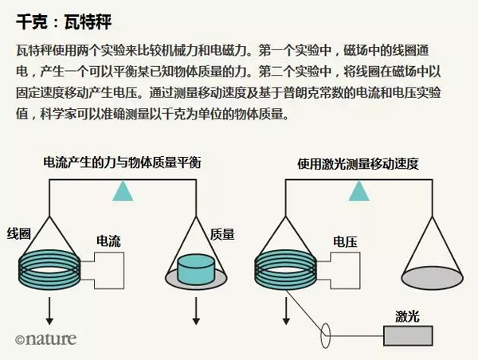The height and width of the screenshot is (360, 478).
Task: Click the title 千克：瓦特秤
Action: (x=64, y=22)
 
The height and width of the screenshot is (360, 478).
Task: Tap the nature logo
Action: (x=45, y=339)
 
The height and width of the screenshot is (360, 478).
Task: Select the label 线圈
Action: (x=19, y=234)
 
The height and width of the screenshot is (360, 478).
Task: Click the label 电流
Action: (x=108, y=241)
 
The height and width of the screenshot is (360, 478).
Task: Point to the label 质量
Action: (x=222, y=234)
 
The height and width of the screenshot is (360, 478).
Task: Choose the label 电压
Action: (x=345, y=242)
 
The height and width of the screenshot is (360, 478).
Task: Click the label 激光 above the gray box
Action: (x=407, y=316)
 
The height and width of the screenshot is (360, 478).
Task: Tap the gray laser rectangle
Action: (x=408, y=335)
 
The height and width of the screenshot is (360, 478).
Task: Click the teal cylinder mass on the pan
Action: (x=196, y=270)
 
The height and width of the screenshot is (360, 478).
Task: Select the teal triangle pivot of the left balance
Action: (x=123, y=191)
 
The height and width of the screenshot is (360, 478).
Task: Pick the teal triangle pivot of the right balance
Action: (x=359, y=191)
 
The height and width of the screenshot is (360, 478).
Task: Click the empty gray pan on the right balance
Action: (x=433, y=278)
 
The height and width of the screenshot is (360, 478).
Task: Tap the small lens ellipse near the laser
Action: (x=325, y=335)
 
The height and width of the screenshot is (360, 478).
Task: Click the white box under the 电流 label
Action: (x=109, y=271)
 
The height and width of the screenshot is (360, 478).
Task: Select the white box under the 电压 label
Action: (x=345, y=271)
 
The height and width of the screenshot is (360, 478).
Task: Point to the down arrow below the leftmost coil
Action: (x=49, y=311)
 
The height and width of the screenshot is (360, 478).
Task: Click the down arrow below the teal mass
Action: (x=196, y=311)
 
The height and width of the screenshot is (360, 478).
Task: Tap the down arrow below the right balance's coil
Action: (x=286, y=311)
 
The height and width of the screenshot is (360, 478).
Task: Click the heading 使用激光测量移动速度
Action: (x=358, y=164)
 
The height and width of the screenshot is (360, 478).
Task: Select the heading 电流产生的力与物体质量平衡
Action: (x=122, y=162)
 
